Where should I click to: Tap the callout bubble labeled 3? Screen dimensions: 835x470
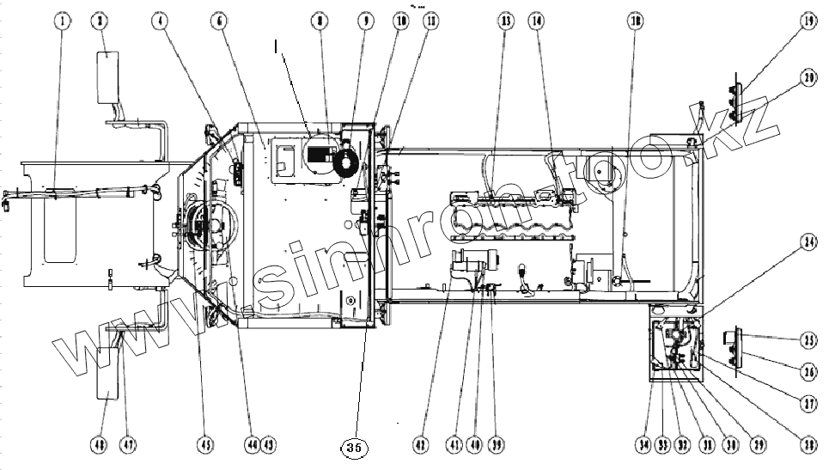(102, 21)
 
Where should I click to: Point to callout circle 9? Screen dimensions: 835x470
(367, 21)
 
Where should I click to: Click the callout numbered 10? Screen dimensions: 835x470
(400, 21)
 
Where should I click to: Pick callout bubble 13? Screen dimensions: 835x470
(504, 21)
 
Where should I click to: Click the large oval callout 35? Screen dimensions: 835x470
(354, 448)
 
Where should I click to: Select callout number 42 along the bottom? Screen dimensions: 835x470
(420, 445)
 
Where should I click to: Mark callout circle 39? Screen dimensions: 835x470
(497, 445)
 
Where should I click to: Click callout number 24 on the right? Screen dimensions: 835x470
(808, 242)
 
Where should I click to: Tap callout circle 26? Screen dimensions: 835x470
(808, 373)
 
